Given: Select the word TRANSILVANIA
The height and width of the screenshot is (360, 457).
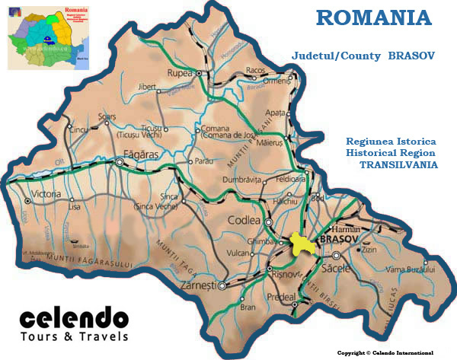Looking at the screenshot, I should click(398, 164).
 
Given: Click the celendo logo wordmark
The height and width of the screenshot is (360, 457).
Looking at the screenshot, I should click(74, 318).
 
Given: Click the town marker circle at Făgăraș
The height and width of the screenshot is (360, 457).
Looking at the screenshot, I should click(120, 161).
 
